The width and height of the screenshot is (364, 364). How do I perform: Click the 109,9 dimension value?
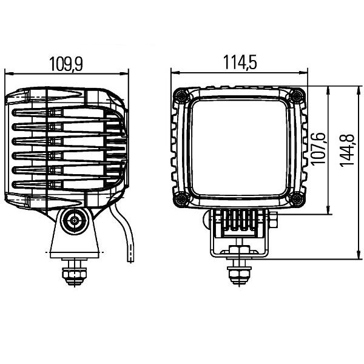66,64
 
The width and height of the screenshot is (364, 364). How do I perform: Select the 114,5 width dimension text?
240,62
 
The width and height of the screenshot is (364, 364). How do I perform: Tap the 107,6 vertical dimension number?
318,149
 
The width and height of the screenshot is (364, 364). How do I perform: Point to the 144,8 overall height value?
347,150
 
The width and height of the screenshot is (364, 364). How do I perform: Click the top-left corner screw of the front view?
181,95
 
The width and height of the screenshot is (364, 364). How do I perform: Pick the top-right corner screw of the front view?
297,95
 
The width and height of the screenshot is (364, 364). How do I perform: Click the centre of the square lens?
239,147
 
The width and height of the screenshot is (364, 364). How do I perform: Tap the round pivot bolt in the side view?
74,221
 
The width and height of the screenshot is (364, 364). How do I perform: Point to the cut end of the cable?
130,261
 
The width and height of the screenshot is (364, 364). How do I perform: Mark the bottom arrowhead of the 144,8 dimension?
359,255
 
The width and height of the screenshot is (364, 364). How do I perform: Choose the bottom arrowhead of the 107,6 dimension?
328,210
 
